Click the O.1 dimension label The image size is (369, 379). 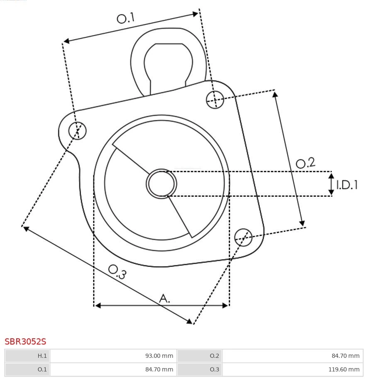(x=126, y=18)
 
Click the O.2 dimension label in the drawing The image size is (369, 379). (x=305, y=163)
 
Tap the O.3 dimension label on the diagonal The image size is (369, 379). (x=117, y=271)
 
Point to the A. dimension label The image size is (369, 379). (x=164, y=298)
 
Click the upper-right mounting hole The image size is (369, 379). (x=215, y=100)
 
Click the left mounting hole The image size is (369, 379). (x=77, y=130)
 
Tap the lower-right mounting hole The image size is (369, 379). (x=243, y=237)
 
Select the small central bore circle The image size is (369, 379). (x=161, y=184)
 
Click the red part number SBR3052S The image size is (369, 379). (x=25, y=342)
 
